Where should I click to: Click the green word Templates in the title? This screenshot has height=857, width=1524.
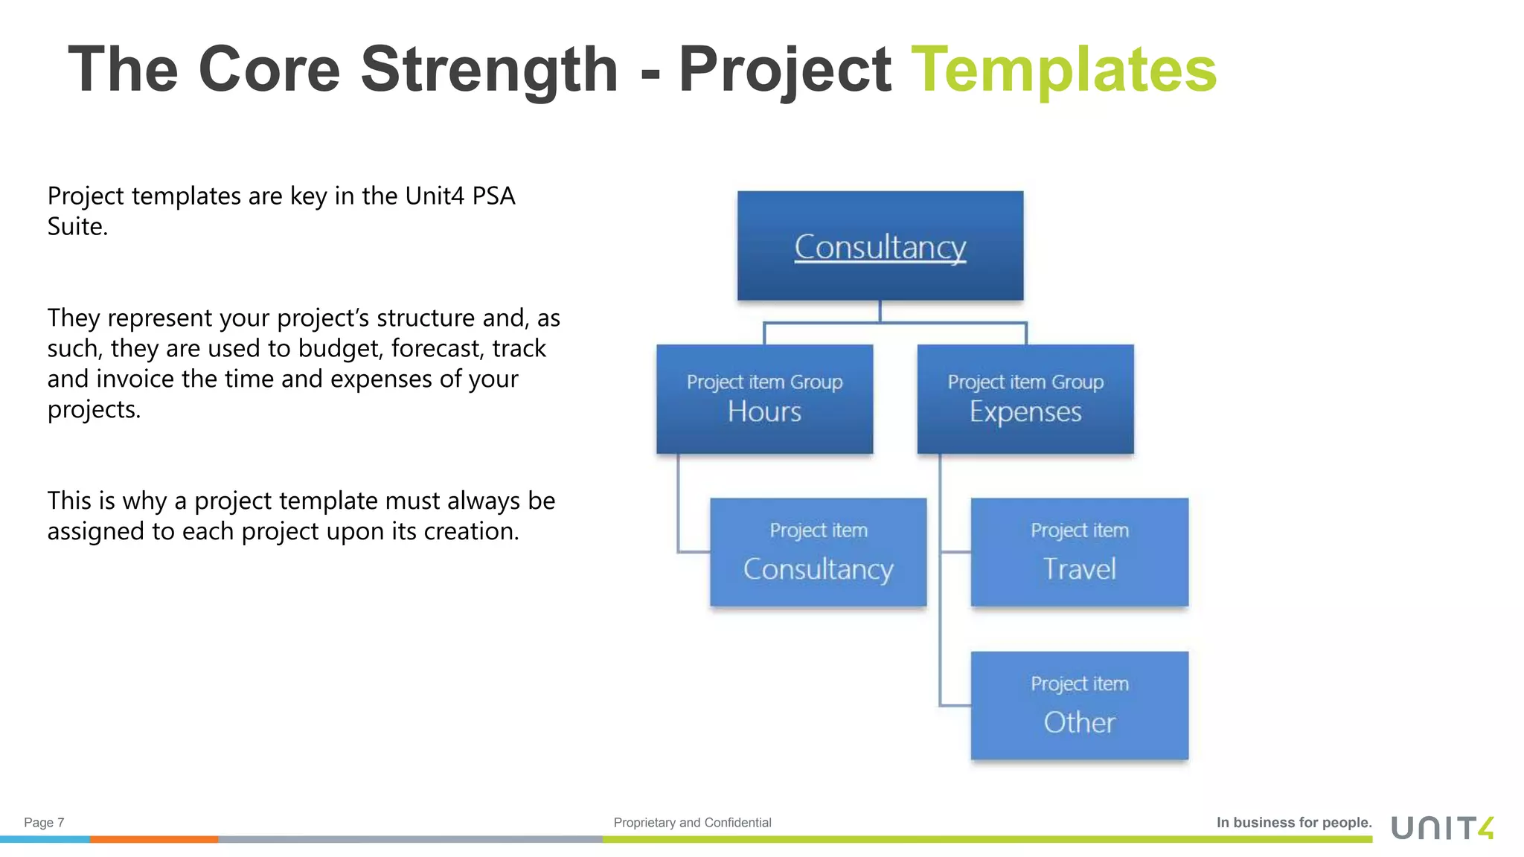point(1063,70)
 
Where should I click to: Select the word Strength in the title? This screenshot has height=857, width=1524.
point(489,70)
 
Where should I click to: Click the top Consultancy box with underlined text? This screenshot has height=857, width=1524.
point(880,246)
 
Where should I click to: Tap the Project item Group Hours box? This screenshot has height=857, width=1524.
point(764,399)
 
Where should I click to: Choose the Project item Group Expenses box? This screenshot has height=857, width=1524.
point(1025,399)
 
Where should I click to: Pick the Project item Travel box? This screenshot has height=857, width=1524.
point(1079,552)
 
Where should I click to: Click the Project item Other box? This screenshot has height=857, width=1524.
point(1079,705)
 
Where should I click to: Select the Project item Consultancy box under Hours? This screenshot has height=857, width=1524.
point(818,552)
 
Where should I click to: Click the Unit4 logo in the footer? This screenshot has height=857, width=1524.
point(1441,828)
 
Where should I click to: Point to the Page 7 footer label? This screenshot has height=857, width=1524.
point(44,823)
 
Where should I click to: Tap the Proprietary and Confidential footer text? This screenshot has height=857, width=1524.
point(692,823)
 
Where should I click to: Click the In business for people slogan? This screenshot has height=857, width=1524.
point(1293,823)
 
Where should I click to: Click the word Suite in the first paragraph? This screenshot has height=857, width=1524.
point(76,227)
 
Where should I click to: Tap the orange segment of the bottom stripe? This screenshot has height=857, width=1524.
point(154,839)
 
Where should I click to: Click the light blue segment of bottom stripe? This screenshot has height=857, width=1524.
point(45,839)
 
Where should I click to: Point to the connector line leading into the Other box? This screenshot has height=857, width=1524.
point(955,705)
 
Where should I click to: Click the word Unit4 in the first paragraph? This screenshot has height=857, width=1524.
point(435,196)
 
